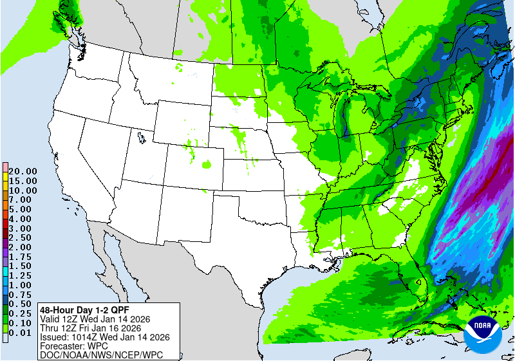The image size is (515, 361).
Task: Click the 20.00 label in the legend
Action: pyautogui.click(x=23, y=171)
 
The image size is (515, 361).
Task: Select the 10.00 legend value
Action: pyautogui.click(x=23, y=190)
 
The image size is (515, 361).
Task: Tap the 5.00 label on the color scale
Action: pyautogui.click(x=23, y=209)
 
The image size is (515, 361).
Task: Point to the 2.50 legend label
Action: pyautogui.click(x=23, y=237)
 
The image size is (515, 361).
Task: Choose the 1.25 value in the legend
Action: pyautogui.click(x=23, y=275)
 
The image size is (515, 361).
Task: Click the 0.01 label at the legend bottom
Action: pyautogui.click(x=23, y=332)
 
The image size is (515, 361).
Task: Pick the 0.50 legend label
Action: pyautogui.click(x=23, y=304)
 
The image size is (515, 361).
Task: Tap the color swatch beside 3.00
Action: pyautogui.click(x=5, y=228)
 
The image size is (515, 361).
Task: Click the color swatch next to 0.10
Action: pyautogui.click(x=5, y=322)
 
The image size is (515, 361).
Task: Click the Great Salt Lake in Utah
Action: pyautogui.click(x=140, y=136)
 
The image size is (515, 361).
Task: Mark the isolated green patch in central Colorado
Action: pyautogui.click(x=207, y=165)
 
